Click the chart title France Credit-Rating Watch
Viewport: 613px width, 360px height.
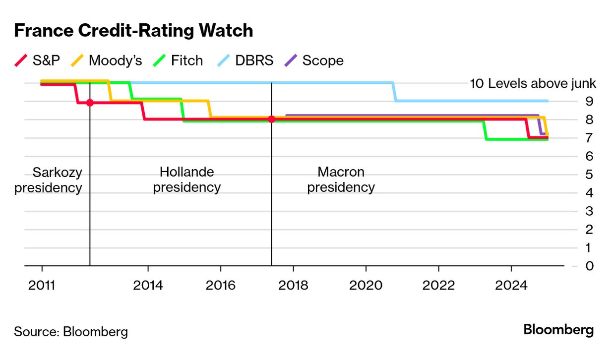(x=133, y=31)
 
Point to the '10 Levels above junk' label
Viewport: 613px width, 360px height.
(x=533, y=83)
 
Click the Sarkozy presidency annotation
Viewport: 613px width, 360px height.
(x=49, y=180)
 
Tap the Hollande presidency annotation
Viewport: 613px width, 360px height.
(x=186, y=180)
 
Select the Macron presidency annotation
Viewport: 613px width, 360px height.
(x=341, y=180)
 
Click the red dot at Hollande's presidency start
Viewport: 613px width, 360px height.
(x=90, y=103)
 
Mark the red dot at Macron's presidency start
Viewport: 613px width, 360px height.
(x=271, y=119)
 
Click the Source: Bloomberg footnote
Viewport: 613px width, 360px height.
(x=71, y=331)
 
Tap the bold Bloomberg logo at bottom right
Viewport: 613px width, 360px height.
(x=558, y=330)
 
